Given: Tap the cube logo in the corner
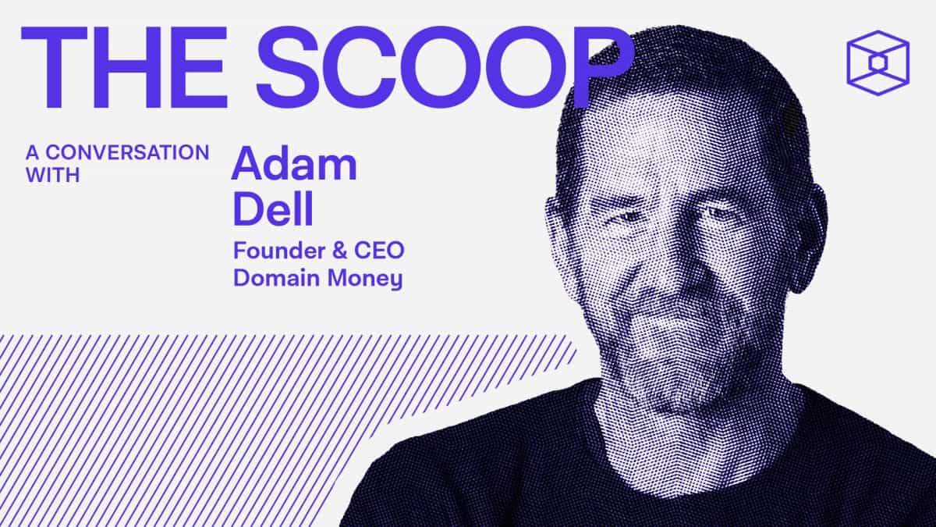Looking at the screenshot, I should click(x=877, y=62).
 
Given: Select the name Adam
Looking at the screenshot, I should click(x=293, y=163).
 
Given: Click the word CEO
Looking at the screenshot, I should click(x=378, y=252).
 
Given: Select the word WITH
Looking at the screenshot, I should click(x=53, y=175).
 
